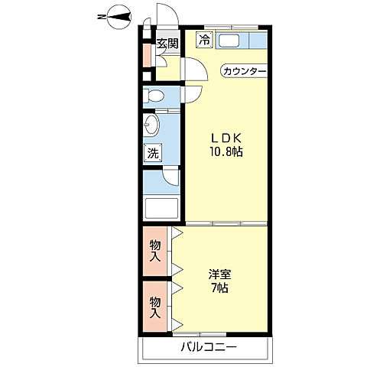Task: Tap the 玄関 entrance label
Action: pos(167,44)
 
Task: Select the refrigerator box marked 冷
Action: pos(204,40)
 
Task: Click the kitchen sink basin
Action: pos(229,41)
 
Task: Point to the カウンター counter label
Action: pos(244,71)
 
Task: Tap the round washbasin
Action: pos(151,125)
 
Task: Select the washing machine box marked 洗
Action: pos(153,153)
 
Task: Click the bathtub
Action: pos(161,209)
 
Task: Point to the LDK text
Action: pos(226,138)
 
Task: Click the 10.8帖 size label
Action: pos(226,152)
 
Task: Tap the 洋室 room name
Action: pos(219,274)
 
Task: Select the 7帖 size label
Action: pos(219,288)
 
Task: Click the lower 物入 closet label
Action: pos(155,307)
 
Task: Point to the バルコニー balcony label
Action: pos(209,347)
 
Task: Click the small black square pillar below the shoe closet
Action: pos(146,76)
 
